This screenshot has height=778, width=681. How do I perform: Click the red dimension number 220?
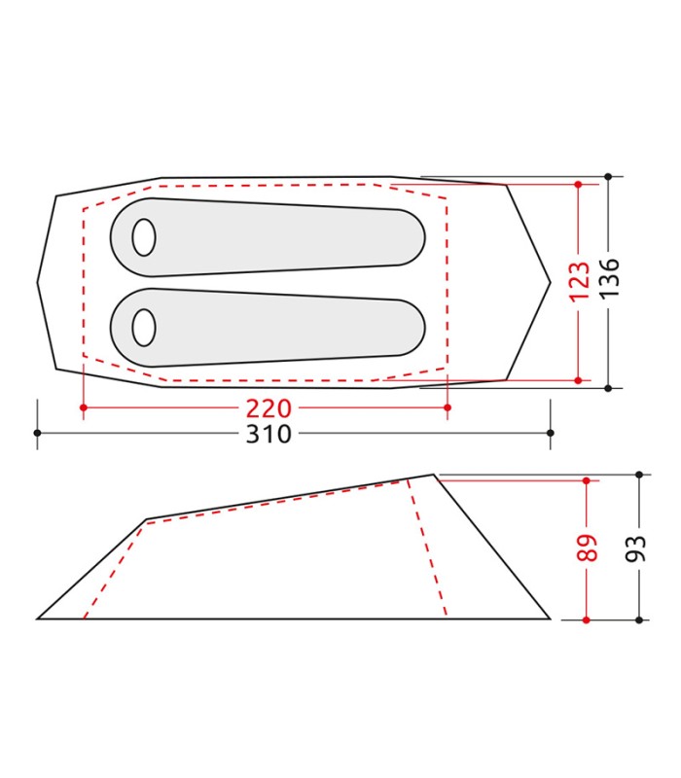[268, 407]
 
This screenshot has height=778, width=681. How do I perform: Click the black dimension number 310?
[268, 434]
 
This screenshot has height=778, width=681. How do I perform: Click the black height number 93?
[639, 547]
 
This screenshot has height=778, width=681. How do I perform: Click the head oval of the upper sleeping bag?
[144, 237]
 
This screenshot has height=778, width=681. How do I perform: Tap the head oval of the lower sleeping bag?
[144, 328]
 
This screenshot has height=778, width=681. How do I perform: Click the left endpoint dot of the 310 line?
[37, 433]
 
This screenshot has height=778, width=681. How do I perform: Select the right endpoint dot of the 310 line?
[551, 433]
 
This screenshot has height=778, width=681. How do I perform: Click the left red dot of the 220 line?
[83, 407]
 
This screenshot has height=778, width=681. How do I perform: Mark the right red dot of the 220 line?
[447, 407]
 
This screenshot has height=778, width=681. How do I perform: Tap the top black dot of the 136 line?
[608, 177]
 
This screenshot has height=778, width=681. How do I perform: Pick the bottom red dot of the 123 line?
[578, 379]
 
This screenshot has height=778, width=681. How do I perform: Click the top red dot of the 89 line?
[587, 480]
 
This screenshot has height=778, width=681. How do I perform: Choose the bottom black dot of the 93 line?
[639, 619]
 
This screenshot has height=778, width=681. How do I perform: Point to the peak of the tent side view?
[434, 475]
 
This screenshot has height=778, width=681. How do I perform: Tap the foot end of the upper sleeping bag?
[413, 237]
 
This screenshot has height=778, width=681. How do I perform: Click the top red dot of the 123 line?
[578, 184]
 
